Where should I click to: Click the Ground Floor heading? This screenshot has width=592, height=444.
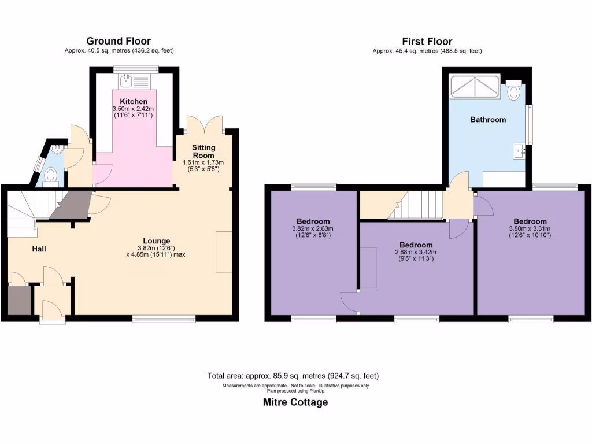(x=119, y=41)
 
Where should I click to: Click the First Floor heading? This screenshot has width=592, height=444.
(x=427, y=41)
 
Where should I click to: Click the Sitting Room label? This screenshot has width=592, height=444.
(x=203, y=151)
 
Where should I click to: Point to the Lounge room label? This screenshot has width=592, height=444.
(x=157, y=241)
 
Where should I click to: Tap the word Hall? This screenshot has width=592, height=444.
(x=39, y=249)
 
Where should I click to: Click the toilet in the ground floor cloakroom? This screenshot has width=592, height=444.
(x=51, y=174)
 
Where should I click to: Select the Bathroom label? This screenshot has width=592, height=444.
(x=488, y=120)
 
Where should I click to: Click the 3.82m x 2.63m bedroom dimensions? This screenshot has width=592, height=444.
(x=313, y=232)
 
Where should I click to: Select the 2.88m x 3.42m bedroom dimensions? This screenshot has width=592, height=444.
(x=415, y=256)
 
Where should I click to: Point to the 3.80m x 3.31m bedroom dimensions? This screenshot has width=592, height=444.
(x=530, y=232)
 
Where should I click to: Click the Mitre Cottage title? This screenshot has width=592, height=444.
(x=295, y=402)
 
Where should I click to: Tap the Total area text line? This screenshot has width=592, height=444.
(x=293, y=376)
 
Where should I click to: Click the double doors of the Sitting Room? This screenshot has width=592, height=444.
(x=205, y=124)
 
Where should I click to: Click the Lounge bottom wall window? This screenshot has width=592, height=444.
(x=164, y=319)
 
